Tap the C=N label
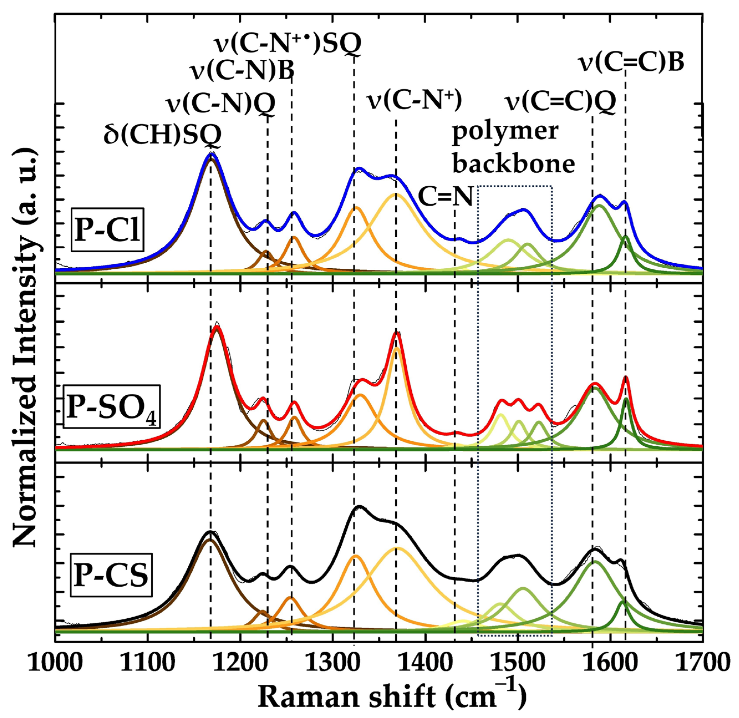[446, 197]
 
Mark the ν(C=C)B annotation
[631, 63]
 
